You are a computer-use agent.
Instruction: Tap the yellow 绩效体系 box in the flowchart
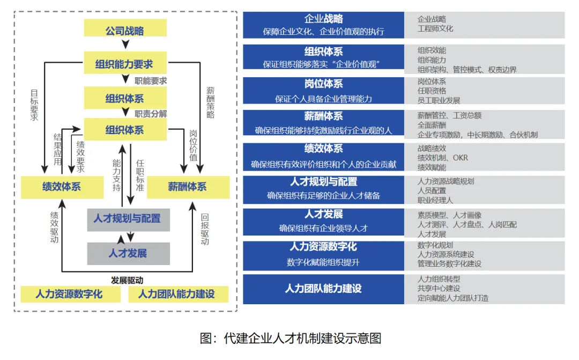tap(62, 187)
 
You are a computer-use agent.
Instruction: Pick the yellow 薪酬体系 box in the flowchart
tap(188, 187)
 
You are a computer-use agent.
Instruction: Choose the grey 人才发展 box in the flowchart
tap(128, 253)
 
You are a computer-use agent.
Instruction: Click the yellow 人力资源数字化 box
tap(69, 294)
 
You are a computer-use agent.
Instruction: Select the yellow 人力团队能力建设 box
tap(176, 294)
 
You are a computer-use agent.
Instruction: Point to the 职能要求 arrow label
tap(151, 81)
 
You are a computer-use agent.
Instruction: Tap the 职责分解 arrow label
tap(151, 114)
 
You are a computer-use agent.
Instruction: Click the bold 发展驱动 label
tap(127, 281)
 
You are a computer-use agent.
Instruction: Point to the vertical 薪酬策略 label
tap(210, 102)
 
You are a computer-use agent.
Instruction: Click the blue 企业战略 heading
tap(323, 19)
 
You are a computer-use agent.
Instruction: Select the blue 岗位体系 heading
tap(323, 84)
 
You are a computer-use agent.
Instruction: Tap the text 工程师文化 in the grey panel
tap(435, 28)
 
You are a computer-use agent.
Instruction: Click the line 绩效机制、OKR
tap(443, 158)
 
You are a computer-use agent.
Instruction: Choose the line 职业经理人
tap(435, 200)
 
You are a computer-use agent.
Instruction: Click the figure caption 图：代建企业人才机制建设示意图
tap(290, 338)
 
